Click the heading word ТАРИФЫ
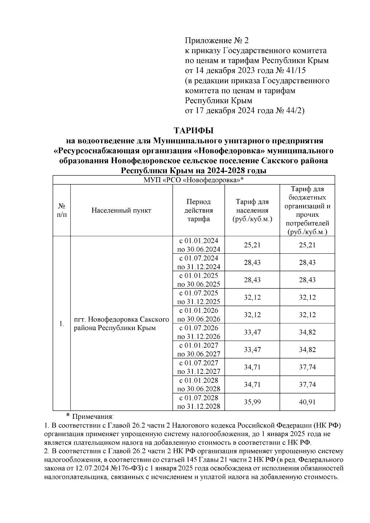point(194,131)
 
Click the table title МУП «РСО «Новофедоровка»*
point(194,180)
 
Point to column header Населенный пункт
point(121,210)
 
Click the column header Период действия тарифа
point(199,210)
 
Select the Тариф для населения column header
point(252,210)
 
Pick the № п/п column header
point(62,210)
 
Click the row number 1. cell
point(62,324)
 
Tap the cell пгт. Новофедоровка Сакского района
point(121,324)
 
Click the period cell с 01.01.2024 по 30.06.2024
point(199,245)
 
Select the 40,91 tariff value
point(307,402)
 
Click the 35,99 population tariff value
point(252,402)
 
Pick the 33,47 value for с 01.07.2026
point(252,332)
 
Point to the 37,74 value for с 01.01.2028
point(307,385)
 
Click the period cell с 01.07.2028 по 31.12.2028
point(199,402)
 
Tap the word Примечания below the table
point(92,417)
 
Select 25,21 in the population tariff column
point(252,245)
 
